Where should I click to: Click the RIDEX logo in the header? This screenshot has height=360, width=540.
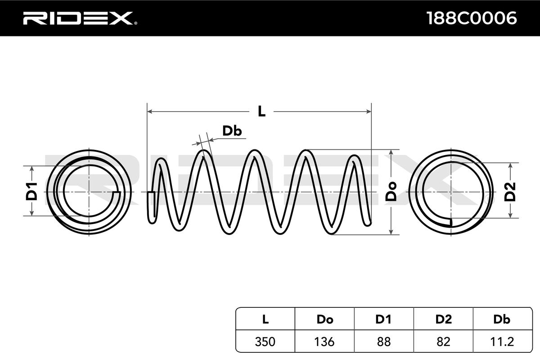(80, 18)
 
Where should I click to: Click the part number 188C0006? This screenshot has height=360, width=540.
(471, 18)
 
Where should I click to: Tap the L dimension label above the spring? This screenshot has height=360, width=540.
(261, 112)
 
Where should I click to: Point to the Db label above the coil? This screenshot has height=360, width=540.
(232, 131)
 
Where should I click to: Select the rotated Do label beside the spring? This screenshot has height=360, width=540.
(391, 192)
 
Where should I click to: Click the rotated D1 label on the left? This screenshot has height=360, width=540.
(31, 192)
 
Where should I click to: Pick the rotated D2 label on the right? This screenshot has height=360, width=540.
(510, 192)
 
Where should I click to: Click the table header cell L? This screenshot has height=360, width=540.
(265, 319)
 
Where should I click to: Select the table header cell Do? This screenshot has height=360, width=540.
(325, 319)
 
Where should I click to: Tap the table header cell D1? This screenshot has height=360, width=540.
(383, 319)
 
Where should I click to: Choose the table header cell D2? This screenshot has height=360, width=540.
(444, 319)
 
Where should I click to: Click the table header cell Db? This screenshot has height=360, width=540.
(502, 319)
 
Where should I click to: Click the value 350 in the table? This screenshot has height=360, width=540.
(265, 342)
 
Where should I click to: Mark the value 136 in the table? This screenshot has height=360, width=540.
(324, 342)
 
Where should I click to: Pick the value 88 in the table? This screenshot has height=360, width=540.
(384, 342)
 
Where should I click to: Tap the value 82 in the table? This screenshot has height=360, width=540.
(443, 342)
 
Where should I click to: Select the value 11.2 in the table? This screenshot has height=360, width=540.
(502, 342)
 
